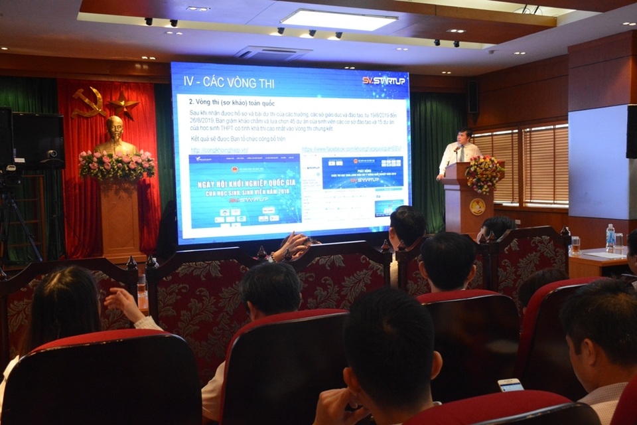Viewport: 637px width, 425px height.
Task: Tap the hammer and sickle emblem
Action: click(x=88, y=102)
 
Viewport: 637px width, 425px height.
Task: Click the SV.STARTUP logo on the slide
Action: click(x=384, y=80)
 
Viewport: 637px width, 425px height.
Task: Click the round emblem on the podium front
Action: click(x=477, y=207)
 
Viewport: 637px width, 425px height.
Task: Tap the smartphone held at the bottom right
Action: click(x=510, y=385)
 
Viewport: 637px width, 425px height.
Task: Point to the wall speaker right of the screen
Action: click(x=472, y=97)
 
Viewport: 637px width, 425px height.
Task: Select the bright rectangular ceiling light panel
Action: click(x=339, y=20)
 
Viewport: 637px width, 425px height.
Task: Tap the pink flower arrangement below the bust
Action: click(x=117, y=165)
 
